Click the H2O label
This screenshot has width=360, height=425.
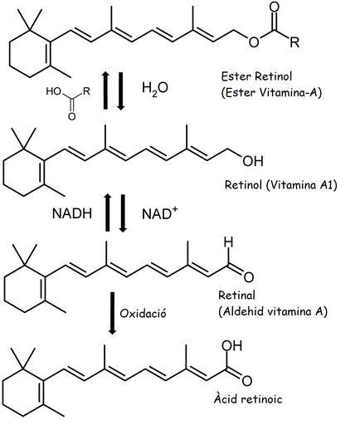pos(155,88)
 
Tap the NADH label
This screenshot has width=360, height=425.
pos(72,213)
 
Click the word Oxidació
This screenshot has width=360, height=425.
pos(143,314)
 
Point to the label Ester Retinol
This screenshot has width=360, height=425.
pos(256,76)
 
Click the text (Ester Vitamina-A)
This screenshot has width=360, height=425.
pos(271,92)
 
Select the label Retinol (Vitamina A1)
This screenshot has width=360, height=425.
pos(281,184)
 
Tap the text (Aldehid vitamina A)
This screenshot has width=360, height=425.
pos(273,311)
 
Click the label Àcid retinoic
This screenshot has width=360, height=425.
pos(248,398)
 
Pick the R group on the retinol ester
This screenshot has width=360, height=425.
pos(294,42)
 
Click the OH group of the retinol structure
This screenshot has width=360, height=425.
pos(253,161)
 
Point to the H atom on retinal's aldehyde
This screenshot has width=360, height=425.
pos(229,242)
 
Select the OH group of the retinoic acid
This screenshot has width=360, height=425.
pos(232,345)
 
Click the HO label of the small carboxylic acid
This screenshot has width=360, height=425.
pos(53,91)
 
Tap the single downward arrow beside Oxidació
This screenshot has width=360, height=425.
pos(112,313)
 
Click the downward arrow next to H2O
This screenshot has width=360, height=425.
pos(121,91)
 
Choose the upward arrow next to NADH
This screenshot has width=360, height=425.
pos(107,212)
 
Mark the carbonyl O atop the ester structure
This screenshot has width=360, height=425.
pos(274,7)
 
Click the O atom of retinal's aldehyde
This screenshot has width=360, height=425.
pos(248,277)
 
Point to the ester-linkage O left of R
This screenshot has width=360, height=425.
pos(254,42)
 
